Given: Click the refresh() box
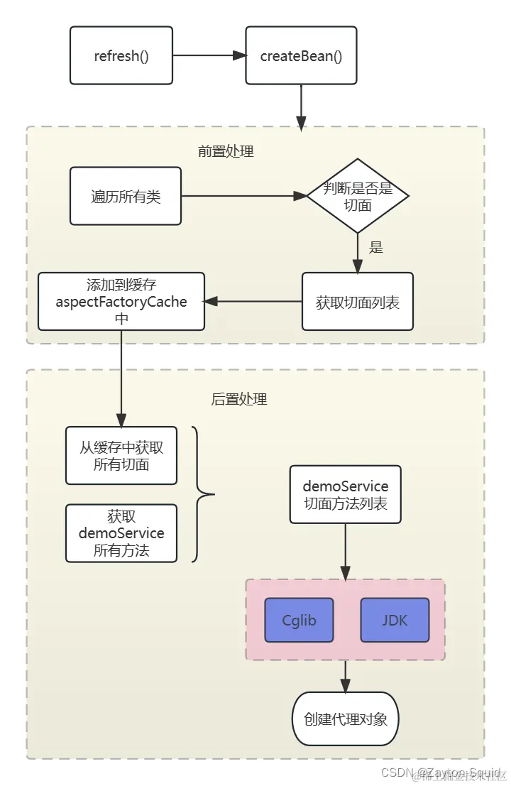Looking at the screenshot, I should click(x=121, y=55).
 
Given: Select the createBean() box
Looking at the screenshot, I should click(x=301, y=55).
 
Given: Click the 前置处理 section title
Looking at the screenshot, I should click(x=226, y=151).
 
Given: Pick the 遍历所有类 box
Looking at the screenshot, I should click(x=126, y=196).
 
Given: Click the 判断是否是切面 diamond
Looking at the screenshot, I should click(x=358, y=196).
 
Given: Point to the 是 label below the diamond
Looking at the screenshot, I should click(x=376, y=247).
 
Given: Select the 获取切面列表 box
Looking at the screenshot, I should click(x=358, y=302).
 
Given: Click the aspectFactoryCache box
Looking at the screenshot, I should click(x=121, y=302).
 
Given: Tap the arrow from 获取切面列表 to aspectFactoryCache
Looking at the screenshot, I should click(x=253, y=302).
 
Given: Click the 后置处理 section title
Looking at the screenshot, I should click(x=239, y=399).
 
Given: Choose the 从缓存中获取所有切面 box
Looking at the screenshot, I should click(x=121, y=456).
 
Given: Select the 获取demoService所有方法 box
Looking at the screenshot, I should click(x=121, y=533).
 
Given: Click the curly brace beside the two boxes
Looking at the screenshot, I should click(x=202, y=494).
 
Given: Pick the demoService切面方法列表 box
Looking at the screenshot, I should click(x=346, y=495).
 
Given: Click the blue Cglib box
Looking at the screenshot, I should click(x=299, y=620).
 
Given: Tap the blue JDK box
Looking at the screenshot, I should click(x=395, y=620).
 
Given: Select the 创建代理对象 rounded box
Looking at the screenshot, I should click(x=346, y=719).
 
